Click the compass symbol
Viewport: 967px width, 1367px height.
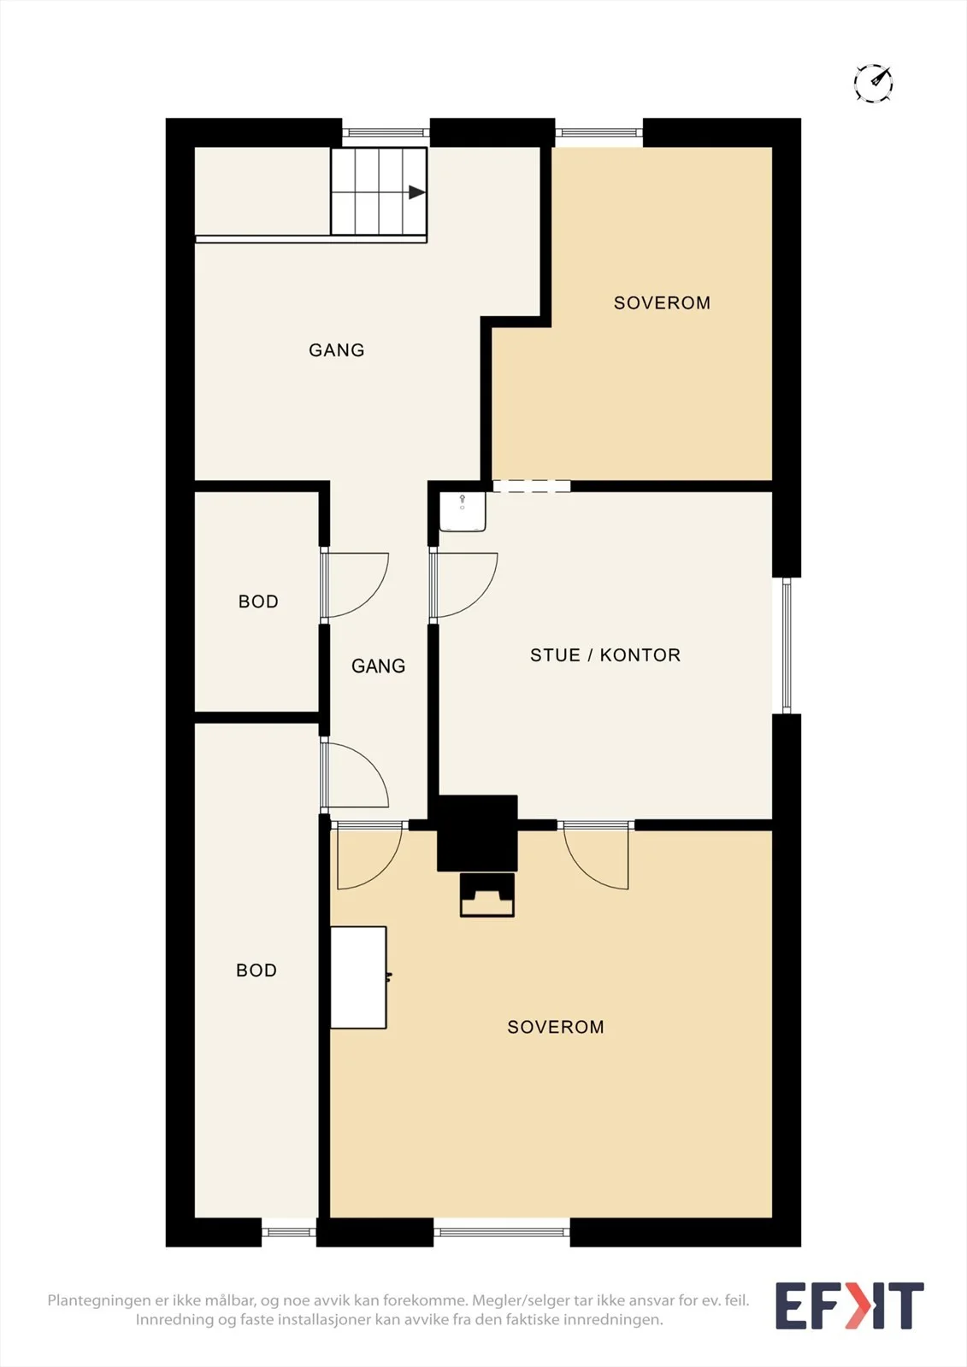[874, 82]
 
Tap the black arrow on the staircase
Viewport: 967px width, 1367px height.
[416, 192]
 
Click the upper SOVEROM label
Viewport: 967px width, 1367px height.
[662, 302]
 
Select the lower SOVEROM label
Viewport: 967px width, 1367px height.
[556, 1026]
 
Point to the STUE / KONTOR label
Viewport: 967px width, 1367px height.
[605, 654]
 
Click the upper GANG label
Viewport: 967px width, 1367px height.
[337, 349]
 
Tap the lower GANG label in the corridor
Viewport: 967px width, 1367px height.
[378, 666]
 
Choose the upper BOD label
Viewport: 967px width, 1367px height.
[258, 601]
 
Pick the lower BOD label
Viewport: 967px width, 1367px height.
[256, 970]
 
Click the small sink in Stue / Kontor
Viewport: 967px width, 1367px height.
[463, 512]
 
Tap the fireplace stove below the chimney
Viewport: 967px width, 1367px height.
[486, 895]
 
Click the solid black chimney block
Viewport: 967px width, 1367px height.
[477, 833]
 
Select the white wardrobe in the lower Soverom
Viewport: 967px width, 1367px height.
[358, 977]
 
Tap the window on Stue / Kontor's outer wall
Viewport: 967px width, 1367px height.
[787, 646]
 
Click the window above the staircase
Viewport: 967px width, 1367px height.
[386, 132]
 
